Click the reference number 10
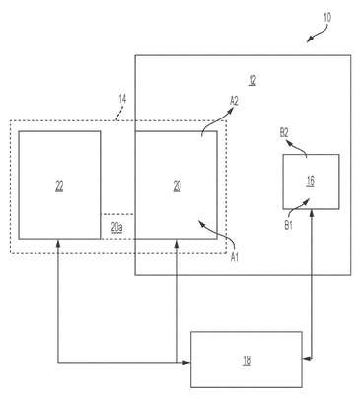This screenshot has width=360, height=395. click(x=327, y=17)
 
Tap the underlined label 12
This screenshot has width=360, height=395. click(x=252, y=80)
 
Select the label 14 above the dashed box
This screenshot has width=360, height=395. click(x=122, y=99)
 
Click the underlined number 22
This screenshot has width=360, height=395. click(x=59, y=187)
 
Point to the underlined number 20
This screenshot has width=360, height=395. click(x=177, y=187)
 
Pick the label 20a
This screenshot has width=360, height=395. click(x=117, y=227)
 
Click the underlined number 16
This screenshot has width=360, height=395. click(x=311, y=181)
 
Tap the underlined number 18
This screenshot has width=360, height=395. click(x=247, y=360)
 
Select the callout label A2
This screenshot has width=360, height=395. click(x=234, y=102)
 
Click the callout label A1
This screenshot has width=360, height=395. click(x=234, y=257)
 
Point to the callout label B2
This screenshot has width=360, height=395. click(x=284, y=133)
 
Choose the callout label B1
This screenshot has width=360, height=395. click(x=288, y=226)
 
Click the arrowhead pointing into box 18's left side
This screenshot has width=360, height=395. click(x=186, y=363)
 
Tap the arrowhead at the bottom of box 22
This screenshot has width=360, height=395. click(x=58, y=243)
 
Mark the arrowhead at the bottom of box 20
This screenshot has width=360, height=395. click(x=177, y=243)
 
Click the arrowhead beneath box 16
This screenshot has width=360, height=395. click(x=311, y=213)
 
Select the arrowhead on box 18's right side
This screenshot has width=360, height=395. click(x=306, y=359)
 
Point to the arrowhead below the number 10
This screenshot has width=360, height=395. click(x=310, y=39)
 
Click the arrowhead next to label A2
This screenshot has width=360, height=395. click(x=231, y=113)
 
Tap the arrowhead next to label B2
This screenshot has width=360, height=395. click(x=289, y=142)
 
